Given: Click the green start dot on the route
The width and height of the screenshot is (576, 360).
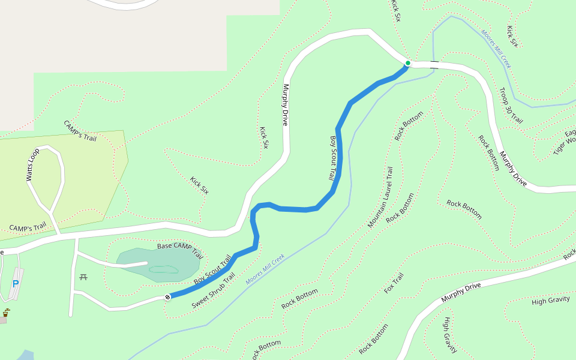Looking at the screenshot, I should coord(407,63).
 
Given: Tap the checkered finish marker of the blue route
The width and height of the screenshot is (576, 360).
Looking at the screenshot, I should coord(167,297).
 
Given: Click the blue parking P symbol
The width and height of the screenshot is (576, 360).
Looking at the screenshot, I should coord(16,284).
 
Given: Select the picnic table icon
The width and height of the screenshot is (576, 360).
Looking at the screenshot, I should coord(83,277).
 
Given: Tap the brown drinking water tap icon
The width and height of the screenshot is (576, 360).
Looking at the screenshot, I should coord(6,313).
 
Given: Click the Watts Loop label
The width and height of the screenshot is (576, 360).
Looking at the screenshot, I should coord(32,164).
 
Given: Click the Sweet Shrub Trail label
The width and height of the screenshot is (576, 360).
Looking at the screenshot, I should coord(213,291).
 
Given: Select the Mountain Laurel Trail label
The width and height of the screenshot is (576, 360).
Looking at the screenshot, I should coord(380,197).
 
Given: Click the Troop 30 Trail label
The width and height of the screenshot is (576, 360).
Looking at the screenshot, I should coord(511,106).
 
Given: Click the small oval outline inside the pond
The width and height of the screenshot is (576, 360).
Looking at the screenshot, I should coord(164,269).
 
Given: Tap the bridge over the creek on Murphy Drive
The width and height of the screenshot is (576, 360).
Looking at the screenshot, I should coord(434,65).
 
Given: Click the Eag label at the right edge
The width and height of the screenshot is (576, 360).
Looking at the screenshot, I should coord(570,133).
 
